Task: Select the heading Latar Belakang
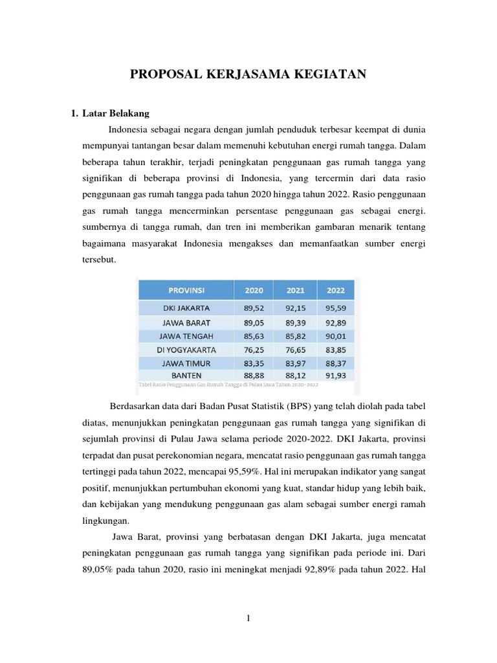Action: click(116, 113)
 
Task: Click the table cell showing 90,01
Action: click(335, 335)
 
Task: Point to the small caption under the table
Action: click(228, 384)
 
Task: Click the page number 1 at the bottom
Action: click(248, 618)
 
